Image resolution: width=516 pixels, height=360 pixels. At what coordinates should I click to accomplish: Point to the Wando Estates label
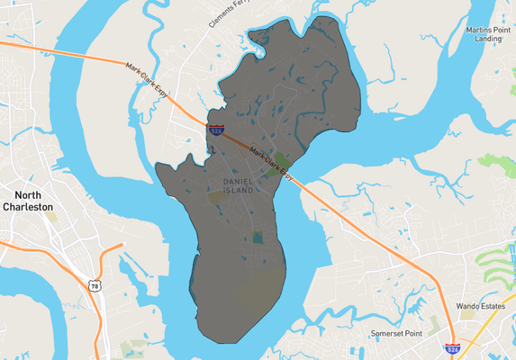(480, 306)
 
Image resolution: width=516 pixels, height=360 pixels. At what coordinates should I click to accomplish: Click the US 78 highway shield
(95, 285)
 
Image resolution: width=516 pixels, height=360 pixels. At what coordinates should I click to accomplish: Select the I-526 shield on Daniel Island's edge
(216, 131)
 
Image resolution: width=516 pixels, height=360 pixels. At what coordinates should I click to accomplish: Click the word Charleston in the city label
(34, 206)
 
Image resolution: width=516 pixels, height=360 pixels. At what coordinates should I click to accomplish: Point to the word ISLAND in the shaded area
(238, 191)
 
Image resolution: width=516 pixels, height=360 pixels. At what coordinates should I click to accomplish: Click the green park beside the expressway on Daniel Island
(282, 162)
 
